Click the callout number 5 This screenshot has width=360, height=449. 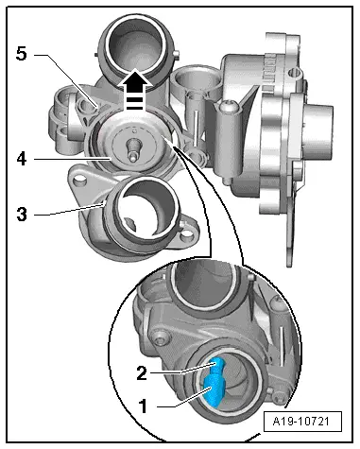(22, 54)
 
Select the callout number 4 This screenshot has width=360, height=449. (22, 159)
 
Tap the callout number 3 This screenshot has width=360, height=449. (22, 215)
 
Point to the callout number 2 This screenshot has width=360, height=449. (142, 373)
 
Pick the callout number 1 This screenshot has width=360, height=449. (144, 406)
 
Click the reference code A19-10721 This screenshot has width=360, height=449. (302, 422)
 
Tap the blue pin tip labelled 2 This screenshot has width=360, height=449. (218, 365)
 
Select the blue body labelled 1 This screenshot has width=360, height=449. (214, 390)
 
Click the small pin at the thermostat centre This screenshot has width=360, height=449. (133, 150)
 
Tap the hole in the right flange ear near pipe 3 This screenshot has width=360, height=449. (187, 234)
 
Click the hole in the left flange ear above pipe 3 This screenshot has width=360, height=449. (79, 181)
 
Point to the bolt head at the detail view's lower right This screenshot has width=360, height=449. (278, 398)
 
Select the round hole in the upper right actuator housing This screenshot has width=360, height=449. (296, 73)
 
